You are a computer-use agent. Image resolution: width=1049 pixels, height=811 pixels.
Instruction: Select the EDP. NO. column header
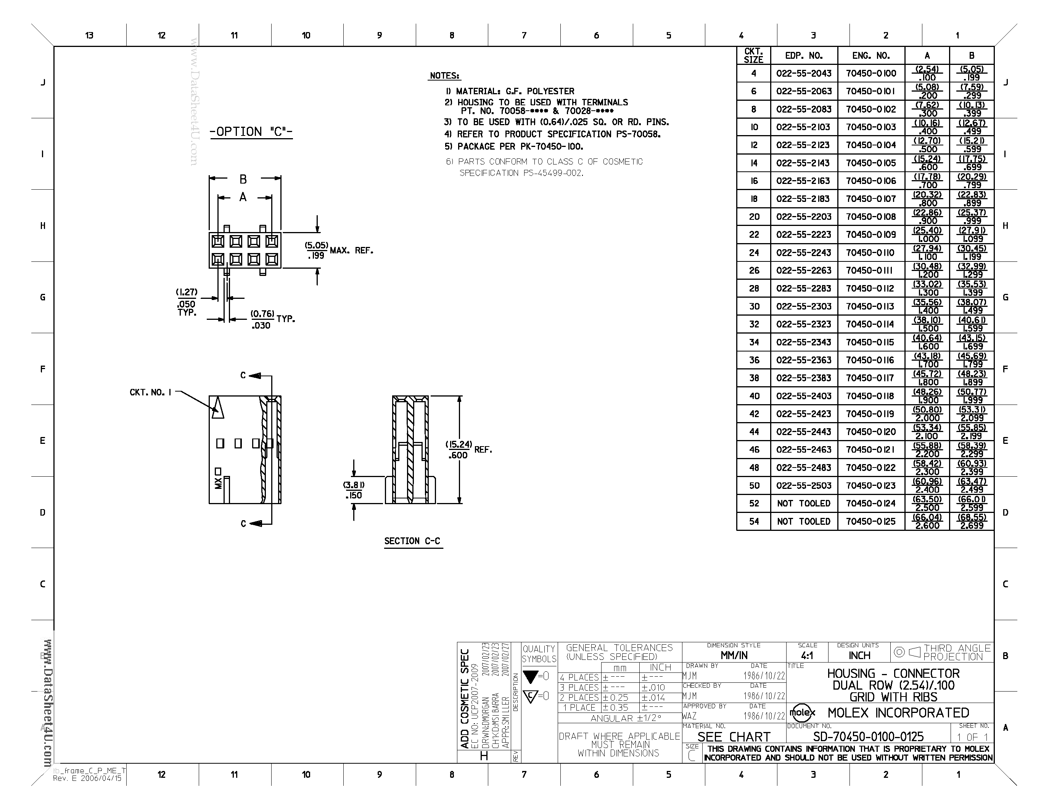pos(804,56)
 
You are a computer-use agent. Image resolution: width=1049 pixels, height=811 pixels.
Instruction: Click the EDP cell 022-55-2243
pos(804,253)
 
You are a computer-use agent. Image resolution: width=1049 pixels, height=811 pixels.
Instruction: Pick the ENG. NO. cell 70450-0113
pos(871,306)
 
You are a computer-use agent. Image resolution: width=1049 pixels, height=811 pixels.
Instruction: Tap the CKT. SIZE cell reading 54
pos(754,521)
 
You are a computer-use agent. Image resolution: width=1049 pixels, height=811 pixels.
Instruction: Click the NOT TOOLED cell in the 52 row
pos(804,503)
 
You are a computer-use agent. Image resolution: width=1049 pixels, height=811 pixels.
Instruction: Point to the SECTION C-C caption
pos(412,541)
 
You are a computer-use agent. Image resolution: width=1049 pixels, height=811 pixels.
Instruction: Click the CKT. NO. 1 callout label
pos(150,393)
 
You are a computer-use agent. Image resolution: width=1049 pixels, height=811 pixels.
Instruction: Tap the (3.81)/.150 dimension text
pos(354,490)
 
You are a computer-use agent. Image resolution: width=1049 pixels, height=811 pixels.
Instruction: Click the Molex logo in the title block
pos(802,713)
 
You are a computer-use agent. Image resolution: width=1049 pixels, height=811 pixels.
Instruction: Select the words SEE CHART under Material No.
pos(734,737)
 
